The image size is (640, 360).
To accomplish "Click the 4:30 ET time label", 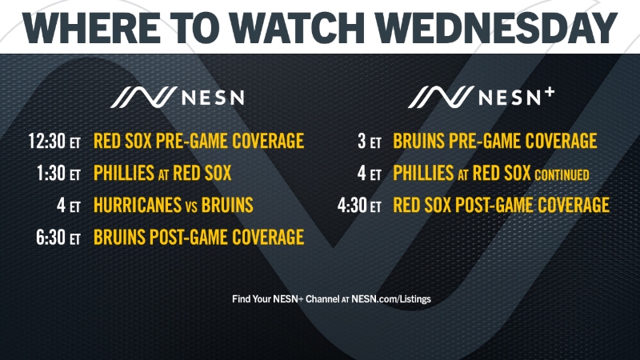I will tap(359, 206).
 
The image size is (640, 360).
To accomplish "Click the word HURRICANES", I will tap(138, 205).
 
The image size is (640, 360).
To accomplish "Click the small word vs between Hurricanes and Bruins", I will tap(192, 206).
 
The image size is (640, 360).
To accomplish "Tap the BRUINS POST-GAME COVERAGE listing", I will tap(198, 237).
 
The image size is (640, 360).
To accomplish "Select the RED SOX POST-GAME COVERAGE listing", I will tap(501, 206).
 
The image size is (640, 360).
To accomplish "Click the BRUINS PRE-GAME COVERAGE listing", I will tap(494, 142).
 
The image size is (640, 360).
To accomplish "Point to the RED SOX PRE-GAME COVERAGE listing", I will tap(198, 142).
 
